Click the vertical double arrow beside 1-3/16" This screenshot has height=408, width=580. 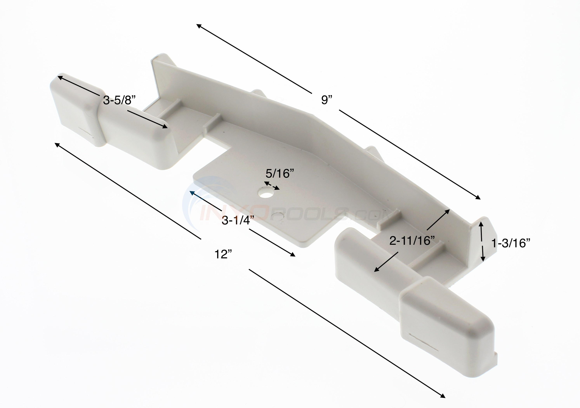(x=482, y=241)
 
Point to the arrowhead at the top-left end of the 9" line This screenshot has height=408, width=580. (x=199, y=25)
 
